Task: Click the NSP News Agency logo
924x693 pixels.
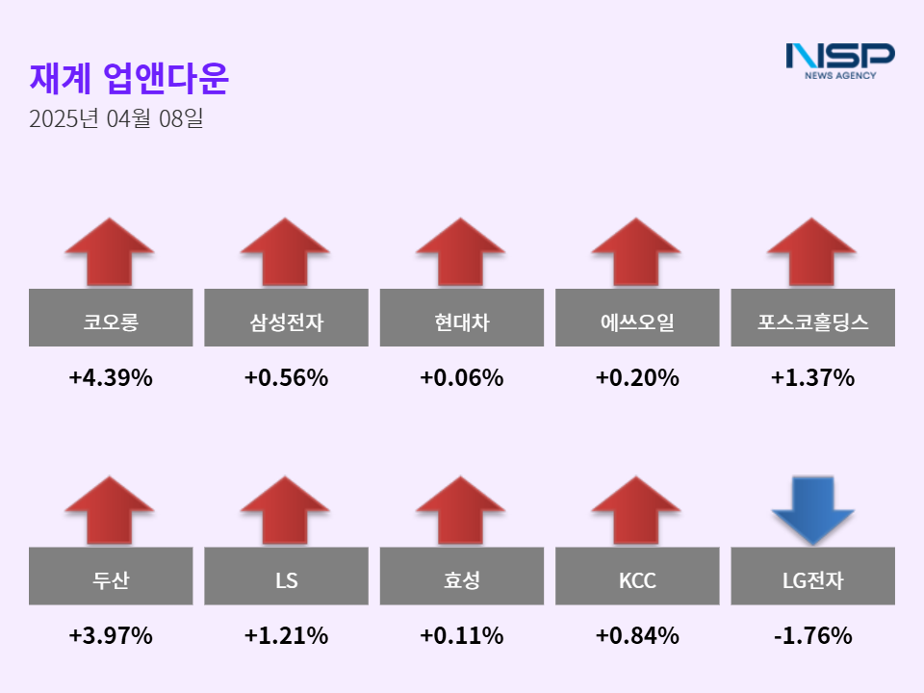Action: coord(839,60)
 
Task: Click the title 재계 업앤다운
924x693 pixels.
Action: coord(129,79)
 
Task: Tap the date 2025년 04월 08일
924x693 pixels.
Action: coord(115,120)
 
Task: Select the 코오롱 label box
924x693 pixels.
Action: coord(111,318)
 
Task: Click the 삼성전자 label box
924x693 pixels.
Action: coord(286,318)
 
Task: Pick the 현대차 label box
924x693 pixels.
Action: coord(462,318)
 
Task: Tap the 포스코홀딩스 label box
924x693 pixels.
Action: coord(813,318)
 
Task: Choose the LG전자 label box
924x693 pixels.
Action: coord(813,576)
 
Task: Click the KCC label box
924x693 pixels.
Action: coord(637,576)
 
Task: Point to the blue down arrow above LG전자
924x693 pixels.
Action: coord(813,510)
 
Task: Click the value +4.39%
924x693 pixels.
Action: coord(111,378)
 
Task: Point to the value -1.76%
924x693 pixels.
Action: coord(813,636)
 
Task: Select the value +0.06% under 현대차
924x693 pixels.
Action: coord(462,378)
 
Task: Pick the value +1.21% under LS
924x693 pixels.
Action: coord(286,636)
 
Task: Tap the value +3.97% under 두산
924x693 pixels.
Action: coord(111,636)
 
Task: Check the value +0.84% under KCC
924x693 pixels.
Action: coord(637,636)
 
